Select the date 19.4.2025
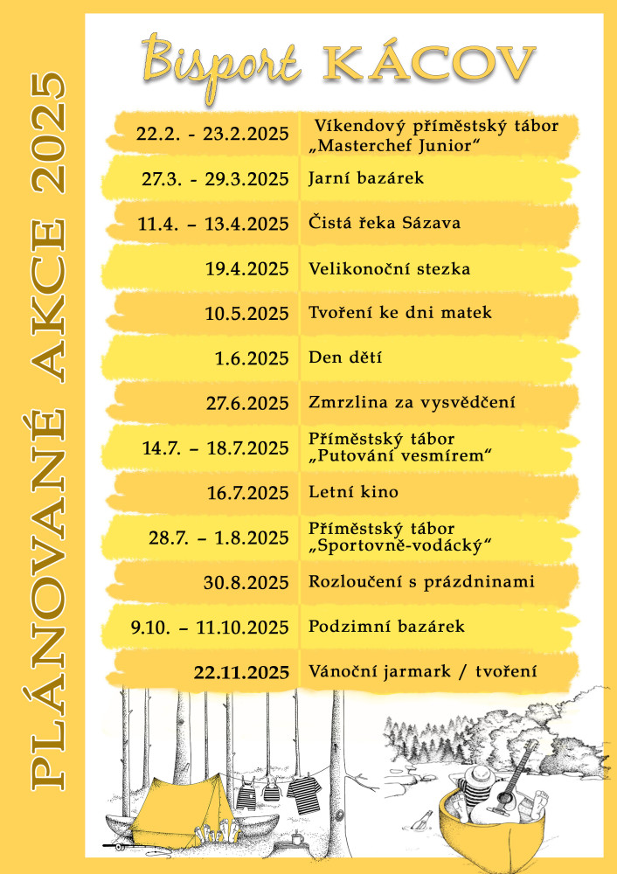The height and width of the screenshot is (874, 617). coord(247,269)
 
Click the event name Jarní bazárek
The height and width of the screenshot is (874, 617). coord(366,178)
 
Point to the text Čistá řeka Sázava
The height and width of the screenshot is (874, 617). coord(385,223)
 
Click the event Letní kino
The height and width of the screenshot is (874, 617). coord(353,492)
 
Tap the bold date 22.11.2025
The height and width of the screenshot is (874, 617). coord(241,672)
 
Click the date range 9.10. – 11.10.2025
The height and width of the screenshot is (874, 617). coord(210,628)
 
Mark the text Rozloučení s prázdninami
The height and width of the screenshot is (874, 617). coord(421,582)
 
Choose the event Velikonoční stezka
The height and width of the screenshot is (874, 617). coord(390,269)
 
